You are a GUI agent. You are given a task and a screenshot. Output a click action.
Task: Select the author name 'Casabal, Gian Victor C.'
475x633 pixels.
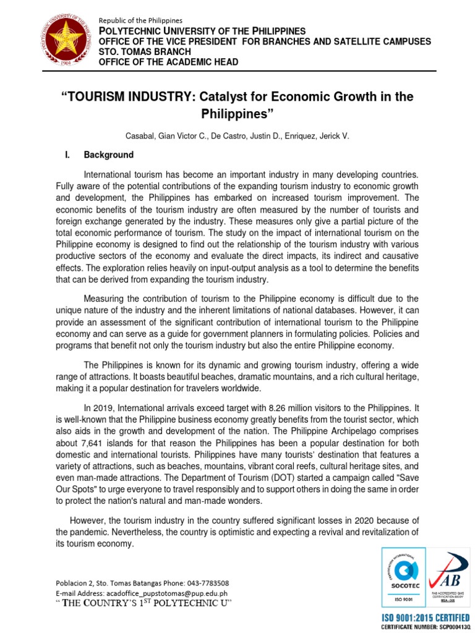[x=190, y=135]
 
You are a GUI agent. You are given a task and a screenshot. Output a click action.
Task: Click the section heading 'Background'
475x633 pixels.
[x=108, y=155]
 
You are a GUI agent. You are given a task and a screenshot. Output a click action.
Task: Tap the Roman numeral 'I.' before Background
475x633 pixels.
[x=67, y=155]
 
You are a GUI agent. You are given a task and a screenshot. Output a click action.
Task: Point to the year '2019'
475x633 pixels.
[x=103, y=408]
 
